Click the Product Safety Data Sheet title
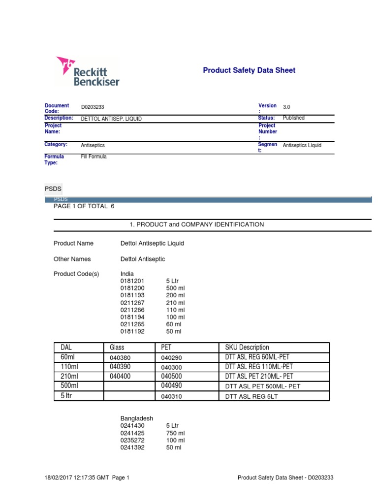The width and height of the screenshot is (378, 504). coord(249,70)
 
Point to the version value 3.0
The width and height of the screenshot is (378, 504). coord(286,107)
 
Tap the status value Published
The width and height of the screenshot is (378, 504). coord(293,118)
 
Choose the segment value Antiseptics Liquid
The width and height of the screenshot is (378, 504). coord(302,146)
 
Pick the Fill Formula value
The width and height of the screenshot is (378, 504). coord(94,157)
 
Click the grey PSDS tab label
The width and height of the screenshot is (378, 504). coord(53,189)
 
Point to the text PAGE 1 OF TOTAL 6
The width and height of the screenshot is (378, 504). coord(84,206)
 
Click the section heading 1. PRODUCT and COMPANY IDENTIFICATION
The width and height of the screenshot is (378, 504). coord(196,224)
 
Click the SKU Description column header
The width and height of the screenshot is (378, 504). coord(247,347)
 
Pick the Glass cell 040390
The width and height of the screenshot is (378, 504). coord(121,367)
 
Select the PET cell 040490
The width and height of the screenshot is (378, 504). coord(172,386)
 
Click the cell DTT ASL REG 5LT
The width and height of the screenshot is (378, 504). coord(252,396)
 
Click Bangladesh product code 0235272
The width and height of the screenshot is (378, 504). coord(132,440)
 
